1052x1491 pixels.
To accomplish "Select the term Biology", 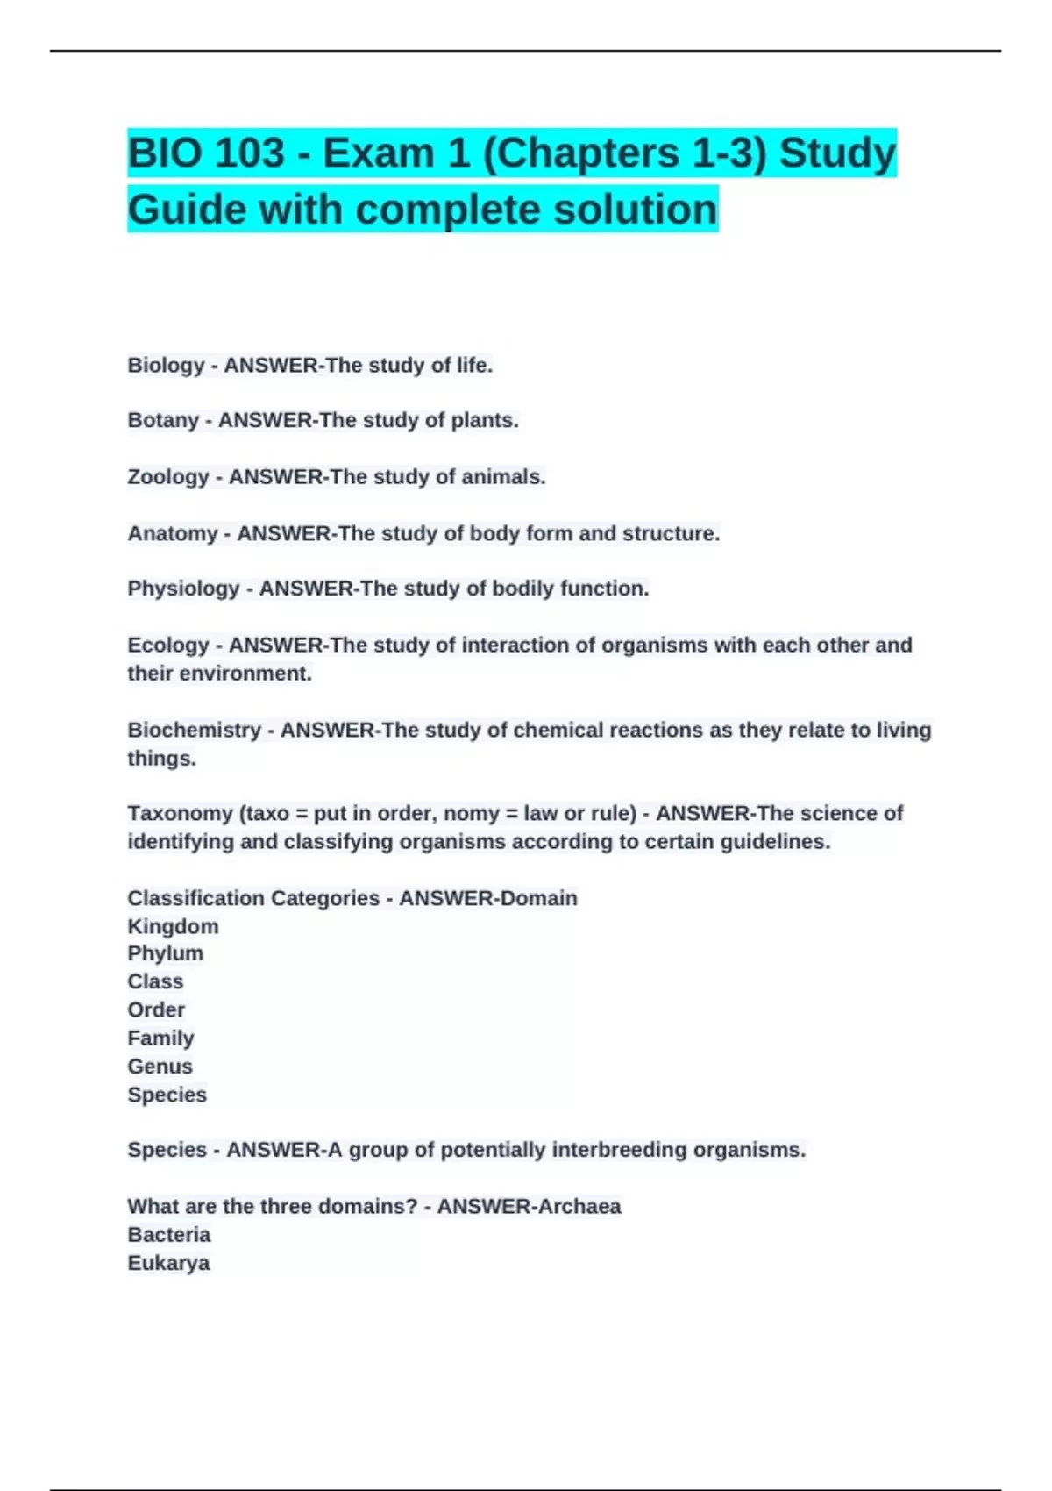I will pyautogui.click(x=166, y=366).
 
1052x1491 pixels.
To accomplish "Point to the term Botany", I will pyautogui.click(x=163, y=421).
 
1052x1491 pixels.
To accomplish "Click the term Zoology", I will pyautogui.click(x=168, y=477).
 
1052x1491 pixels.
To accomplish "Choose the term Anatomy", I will pyautogui.click(x=173, y=533).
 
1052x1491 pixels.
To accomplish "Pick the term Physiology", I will pyautogui.click(x=183, y=589).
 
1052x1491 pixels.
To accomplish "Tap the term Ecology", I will pyautogui.click(x=168, y=646).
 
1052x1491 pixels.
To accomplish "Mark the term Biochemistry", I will pyautogui.click(x=194, y=730).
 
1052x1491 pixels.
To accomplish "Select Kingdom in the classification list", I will pyautogui.click(x=173, y=927).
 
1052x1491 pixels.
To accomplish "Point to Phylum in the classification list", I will pyautogui.click(x=165, y=953).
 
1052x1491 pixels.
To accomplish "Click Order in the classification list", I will pyautogui.click(x=156, y=1010).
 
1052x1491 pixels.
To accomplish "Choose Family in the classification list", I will pyautogui.click(x=160, y=1038).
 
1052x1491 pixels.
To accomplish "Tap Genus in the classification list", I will pyautogui.click(x=160, y=1067).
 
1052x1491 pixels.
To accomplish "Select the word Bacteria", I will pyautogui.click(x=169, y=1235).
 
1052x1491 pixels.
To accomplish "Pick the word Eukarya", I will pyautogui.click(x=168, y=1264).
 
